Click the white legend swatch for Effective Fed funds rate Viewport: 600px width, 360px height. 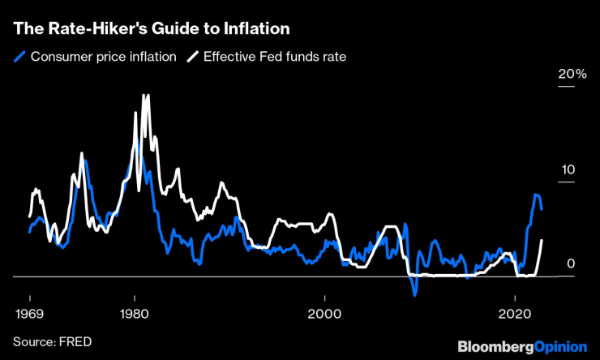[x=193, y=58]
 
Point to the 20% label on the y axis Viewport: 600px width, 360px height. [x=572, y=74]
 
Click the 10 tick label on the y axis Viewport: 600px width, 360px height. [x=568, y=170]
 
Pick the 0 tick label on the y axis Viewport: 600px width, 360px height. [x=571, y=264]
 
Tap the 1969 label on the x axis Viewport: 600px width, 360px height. [x=29, y=313]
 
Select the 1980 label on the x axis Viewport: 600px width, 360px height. [x=135, y=313]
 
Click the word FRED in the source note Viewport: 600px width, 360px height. [x=75, y=341]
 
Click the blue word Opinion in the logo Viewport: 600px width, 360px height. [x=559, y=346]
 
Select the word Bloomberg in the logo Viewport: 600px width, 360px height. [x=495, y=346]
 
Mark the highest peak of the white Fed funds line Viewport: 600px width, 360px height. [x=146, y=95]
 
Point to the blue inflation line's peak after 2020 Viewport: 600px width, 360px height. [x=536, y=195]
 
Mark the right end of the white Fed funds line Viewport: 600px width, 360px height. [x=542, y=240]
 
